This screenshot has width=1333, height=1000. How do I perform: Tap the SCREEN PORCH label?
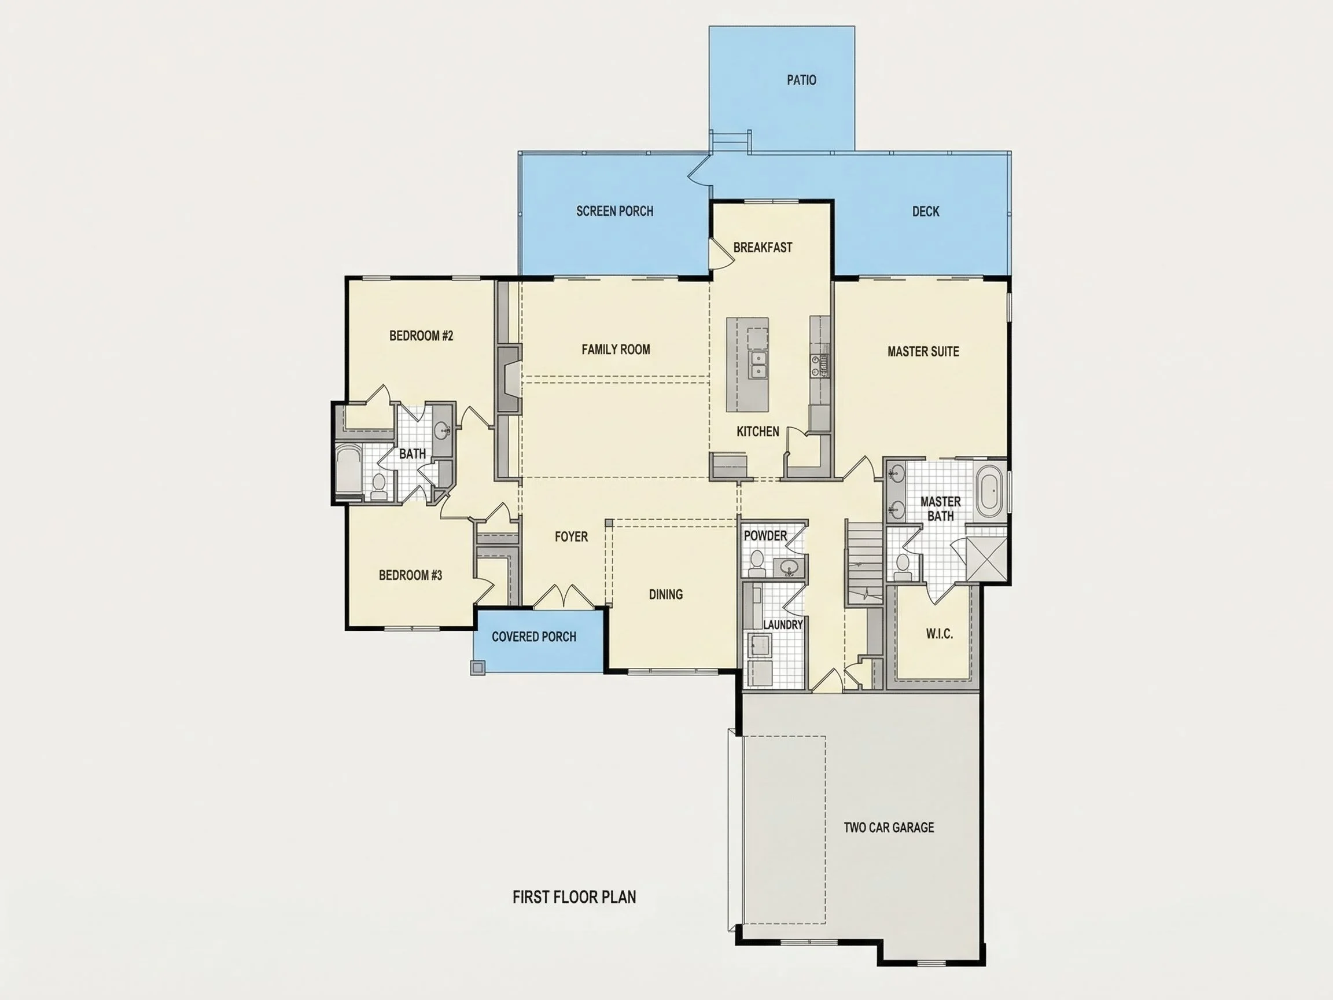click(614, 211)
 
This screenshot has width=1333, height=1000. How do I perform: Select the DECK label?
click(926, 212)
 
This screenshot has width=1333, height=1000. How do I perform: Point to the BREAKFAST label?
click(763, 247)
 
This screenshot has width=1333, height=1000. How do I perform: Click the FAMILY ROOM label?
click(616, 350)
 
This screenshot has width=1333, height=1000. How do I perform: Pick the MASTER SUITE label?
click(923, 351)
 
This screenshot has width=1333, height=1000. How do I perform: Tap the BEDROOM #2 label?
click(421, 336)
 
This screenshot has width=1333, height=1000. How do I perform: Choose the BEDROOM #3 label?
click(410, 575)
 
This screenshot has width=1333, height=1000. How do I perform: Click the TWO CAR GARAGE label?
click(889, 828)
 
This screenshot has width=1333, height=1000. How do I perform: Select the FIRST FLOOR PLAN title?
click(575, 897)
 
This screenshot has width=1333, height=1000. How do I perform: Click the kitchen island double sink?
click(757, 365)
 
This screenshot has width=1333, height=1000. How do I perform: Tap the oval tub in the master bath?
click(989, 491)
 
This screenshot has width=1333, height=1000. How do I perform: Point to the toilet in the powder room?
click(756, 562)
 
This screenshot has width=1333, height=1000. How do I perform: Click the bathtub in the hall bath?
click(348, 469)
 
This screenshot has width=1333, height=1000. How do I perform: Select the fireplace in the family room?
click(508, 379)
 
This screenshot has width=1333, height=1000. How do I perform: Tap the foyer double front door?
click(564, 596)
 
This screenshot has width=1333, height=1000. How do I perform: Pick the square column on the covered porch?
click(477, 667)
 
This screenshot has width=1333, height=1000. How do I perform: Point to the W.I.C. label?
click(939, 634)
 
